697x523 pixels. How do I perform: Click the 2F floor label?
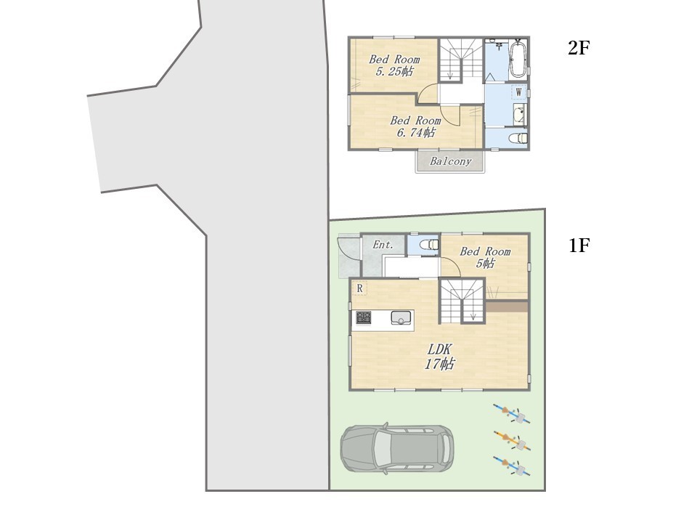[579, 48]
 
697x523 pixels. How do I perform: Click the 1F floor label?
[579, 245]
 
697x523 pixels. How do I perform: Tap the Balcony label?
[450, 161]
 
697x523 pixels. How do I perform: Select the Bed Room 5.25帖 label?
[394, 65]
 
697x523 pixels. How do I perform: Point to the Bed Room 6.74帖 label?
[415, 126]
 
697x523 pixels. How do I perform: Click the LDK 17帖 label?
[440, 357]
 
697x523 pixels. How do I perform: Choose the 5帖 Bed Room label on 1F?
[485, 257]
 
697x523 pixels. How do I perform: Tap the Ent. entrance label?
[383, 245]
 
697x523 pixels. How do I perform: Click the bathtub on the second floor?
[518, 60]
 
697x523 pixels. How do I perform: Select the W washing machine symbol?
[518, 92]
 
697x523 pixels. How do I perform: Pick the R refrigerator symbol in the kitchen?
[359, 288]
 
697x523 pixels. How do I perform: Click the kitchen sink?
[401, 318]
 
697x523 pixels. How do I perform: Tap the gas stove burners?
[364, 317]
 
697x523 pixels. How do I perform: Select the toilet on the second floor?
[518, 138]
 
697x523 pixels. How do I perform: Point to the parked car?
[397, 448]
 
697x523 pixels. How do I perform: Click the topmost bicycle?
[512, 413]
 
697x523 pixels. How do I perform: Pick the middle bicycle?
[513, 441]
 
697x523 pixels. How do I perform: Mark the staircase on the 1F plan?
[462, 301]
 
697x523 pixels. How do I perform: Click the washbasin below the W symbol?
[519, 115]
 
